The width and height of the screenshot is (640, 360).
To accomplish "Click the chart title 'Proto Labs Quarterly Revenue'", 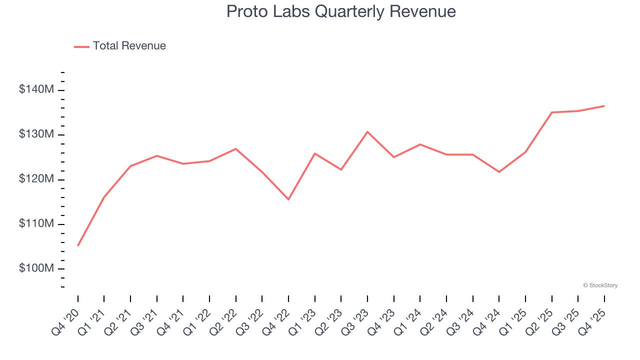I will pyautogui.click(x=341, y=11).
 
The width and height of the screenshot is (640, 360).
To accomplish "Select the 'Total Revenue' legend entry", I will pyautogui.click(x=129, y=46).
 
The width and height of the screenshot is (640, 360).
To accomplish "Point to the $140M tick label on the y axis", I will pyautogui.click(x=36, y=90).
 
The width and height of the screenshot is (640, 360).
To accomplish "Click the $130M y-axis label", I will pyautogui.click(x=36, y=134).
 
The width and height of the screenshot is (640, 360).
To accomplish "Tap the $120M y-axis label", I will pyautogui.click(x=36, y=179).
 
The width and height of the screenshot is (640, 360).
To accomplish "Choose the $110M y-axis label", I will pyautogui.click(x=36, y=223).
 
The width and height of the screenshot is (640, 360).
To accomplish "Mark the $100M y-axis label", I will pyautogui.click(x=36, y=268).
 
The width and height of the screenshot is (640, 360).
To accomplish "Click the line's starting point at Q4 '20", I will pyautogui.click(x=78, y=245).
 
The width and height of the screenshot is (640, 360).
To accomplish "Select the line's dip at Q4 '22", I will pyautogui.click(x=288, y=199).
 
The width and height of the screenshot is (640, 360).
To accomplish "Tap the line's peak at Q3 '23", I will pyautogui.click(x=367, y=131).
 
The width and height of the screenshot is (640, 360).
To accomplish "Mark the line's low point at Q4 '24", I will pyautogui.click(x=499, y=172).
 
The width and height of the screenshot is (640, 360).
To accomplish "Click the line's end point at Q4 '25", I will pyautogui.click(x=604, y=106).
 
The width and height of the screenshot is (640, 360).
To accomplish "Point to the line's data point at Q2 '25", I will pyautogui.click(x=551, y=112).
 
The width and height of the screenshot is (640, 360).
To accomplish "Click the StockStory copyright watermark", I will pyautogui.click(x=600, y=285).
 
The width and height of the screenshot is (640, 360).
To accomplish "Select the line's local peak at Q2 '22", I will pyautogui.click(x=236, y=148).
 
